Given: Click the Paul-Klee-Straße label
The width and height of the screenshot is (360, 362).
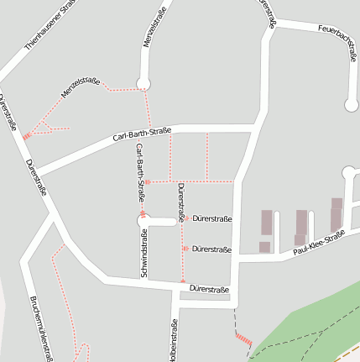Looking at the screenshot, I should point(319,244).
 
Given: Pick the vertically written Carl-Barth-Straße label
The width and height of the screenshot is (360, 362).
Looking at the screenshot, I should point(141,172).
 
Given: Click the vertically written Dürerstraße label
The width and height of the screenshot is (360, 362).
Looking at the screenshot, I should point(180,202).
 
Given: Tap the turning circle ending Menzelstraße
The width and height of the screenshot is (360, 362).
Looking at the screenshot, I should point(143,82).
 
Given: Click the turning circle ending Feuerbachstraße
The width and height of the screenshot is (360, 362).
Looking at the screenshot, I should point(352,105).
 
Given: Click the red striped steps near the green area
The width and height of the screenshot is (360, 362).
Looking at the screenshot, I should point(243,338).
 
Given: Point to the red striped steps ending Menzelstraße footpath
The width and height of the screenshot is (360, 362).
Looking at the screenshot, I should point(27,134).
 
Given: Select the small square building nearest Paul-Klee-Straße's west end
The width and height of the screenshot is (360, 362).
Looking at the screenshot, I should point(264,247).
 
